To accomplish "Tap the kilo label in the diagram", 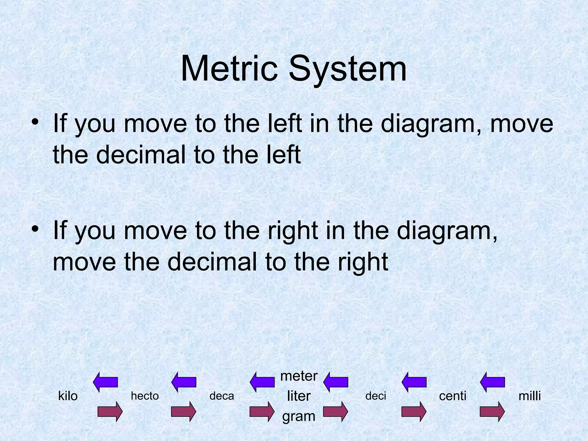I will coord(68,396).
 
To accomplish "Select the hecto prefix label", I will coord(145,396).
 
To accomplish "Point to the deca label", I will coord(222,396).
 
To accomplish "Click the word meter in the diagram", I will coord(299,376).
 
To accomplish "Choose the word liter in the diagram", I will coord(299,396).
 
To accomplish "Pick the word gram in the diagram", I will coord(299,416).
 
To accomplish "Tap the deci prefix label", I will coord(376,396).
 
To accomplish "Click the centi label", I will coord(453,396).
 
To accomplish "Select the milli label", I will coord(530,396).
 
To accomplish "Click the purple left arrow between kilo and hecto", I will coord(106,382).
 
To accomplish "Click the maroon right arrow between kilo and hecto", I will coord(110,411).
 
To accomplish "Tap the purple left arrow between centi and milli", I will coord(492,382).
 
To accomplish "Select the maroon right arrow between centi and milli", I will coord(492,411).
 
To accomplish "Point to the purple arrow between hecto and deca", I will coord(184,382).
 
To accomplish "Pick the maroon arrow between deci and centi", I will coord(414,411).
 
